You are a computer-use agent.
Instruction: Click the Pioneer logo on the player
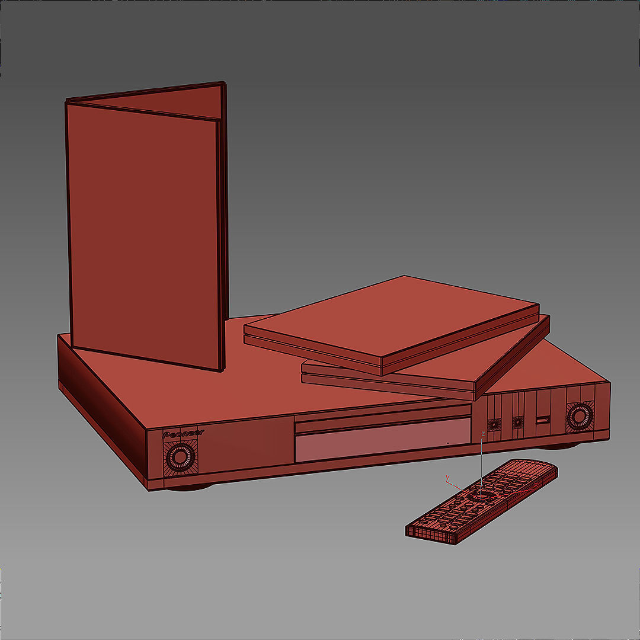pos(183,433)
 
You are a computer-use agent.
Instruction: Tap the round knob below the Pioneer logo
pos(178,457)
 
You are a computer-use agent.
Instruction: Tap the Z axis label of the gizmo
pos(484,434)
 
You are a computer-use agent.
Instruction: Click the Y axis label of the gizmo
pos(447,477)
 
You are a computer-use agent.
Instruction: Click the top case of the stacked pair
pos(391,320)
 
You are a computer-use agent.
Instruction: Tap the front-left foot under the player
pos(190,487)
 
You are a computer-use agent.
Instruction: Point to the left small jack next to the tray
pos(494,424)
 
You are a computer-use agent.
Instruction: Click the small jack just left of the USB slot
pos(518,422)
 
